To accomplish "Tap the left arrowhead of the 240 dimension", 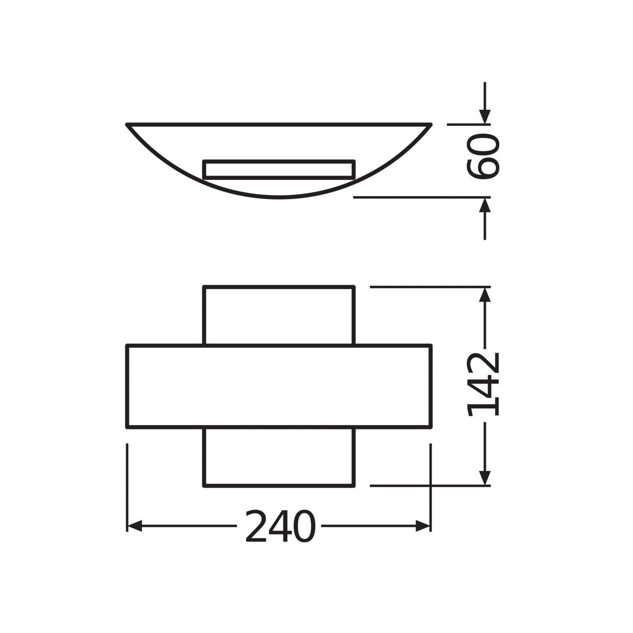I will [x=134, y=527].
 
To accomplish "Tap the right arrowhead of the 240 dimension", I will [x=423, y=527].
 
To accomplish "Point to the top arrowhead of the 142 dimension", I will [x=485, y=294].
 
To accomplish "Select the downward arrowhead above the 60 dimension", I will [x=485, y=116].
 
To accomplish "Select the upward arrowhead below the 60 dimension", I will [x=485, y=205].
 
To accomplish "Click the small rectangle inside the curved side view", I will [x=279, y=169].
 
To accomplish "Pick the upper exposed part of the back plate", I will [x=279, y=315].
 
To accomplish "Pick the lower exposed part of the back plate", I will [x=279, y=457].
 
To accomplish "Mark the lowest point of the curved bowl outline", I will [x=279, y=198].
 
